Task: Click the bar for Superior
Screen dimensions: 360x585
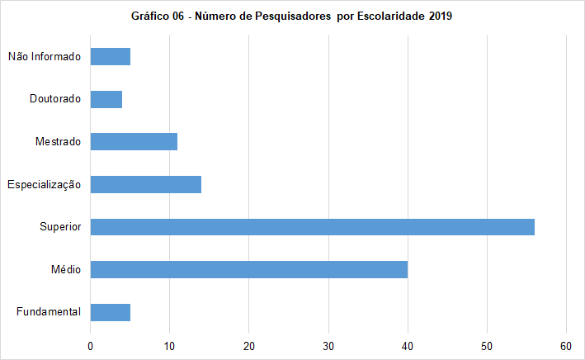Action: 312,226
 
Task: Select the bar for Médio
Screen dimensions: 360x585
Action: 248,269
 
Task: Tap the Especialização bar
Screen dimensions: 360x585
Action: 145,184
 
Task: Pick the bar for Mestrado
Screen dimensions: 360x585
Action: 134,141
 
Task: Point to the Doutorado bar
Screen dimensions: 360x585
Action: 106,99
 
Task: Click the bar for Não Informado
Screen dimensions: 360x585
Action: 110,56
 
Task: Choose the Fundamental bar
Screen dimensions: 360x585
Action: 110,312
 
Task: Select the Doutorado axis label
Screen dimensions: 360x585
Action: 54,99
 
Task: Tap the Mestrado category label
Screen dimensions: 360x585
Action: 58,142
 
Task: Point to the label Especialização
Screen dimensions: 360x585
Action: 44,184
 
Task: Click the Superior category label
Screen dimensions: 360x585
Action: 59,227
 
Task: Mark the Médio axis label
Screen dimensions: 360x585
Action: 66,269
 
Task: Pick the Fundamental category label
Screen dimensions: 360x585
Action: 48,312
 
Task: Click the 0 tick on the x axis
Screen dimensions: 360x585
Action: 90,346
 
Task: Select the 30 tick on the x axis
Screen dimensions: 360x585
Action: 328,346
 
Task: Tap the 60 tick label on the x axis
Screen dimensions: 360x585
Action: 566,346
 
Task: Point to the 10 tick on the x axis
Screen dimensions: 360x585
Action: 169,346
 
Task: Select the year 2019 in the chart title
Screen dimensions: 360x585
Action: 441,17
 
